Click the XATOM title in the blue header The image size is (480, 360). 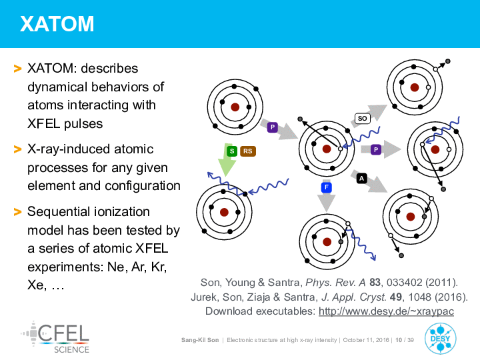tap(57, 24)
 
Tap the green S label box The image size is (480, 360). tap(232, 151)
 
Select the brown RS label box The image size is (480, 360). tap(247, 151)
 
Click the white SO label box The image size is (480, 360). tap(363, 119)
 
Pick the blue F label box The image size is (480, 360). tap(327, 187)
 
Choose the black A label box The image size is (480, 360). tap(362, 179)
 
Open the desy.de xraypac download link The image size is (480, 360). tap(386, 311)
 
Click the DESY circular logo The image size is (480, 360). tap(440, 339)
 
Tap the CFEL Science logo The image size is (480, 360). tap(55, 337)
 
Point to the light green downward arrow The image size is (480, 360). tap(226, 160)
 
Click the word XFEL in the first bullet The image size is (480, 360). tap(43, 124)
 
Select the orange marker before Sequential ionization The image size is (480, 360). tap(18, 212)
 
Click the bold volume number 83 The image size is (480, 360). tap(375, 282)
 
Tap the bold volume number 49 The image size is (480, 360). tap(396, 297)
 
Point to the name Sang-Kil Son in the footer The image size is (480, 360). tap(200, 340)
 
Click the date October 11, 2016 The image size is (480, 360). tap(366, 340)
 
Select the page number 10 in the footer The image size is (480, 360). tap(399, 340)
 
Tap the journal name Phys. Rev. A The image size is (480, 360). tap(335, 283)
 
